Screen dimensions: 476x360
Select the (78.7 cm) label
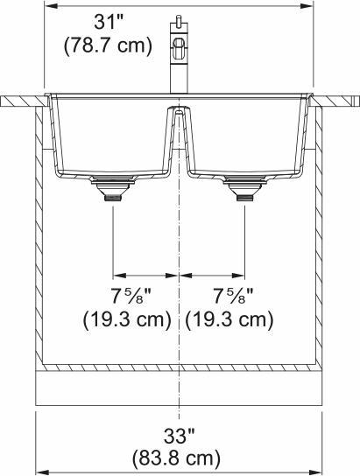pyautogui.click(x=108, y=46)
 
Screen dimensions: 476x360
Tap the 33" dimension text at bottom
pyautogui.click(x=179, y=435)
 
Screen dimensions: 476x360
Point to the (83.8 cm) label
pyautogui.click(x=179, y=457)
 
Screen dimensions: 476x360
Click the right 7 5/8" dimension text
pyautogui.click(x=230, y=293)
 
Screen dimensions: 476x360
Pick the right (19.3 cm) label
pyautogui.click(x=230, y=319)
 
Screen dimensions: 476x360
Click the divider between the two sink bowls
pyautogui.click(x=179, y=131)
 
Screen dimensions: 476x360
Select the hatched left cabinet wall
pyautogui.click(x=39, y=236)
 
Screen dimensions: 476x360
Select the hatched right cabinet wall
pyautogui.click(x=319, y=236)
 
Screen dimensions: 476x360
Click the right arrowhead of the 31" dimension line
pyautogui.click(x=309, y=5)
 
